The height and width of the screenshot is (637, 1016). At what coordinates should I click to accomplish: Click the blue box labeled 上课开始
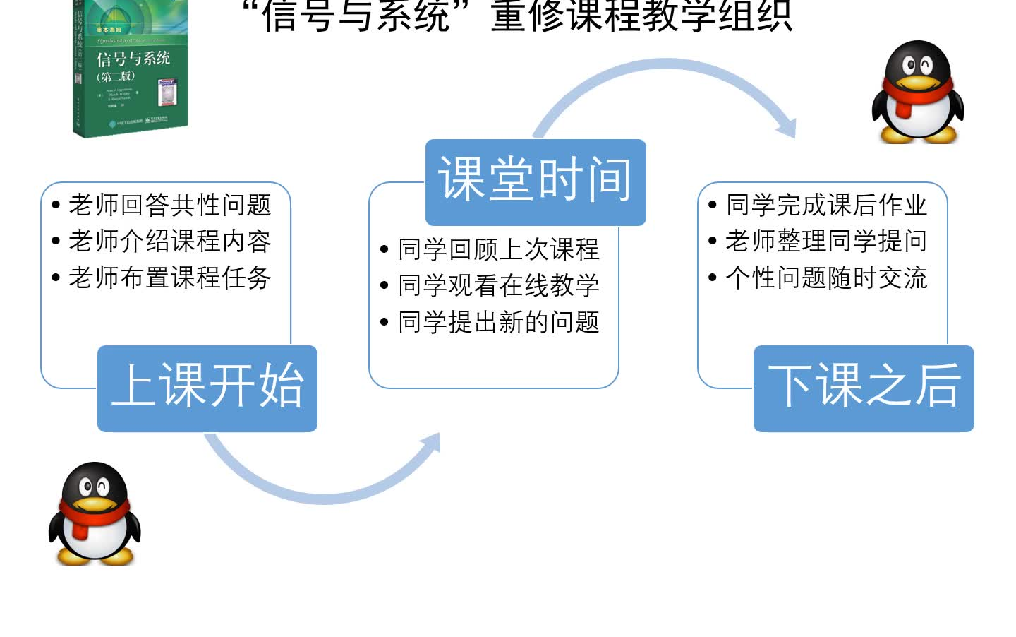coord(207,388)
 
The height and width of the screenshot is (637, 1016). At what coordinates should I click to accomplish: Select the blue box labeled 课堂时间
coord(536,181)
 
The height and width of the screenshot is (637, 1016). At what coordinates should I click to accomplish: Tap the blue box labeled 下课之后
coord(864,388)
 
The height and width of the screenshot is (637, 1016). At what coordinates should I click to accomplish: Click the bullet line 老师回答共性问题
coord(170,206)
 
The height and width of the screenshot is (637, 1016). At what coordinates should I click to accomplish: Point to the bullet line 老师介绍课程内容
coord(170,242)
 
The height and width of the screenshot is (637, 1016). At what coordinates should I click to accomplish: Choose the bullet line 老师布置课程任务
coord(170,278)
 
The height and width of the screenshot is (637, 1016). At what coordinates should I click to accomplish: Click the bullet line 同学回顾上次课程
coord(498,249)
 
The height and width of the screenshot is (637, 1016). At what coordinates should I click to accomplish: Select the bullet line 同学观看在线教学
coord(498,285)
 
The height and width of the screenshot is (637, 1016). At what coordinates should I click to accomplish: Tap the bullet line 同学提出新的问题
coord(498,322)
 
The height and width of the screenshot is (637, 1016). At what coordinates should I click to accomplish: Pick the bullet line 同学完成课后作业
coord(826,206)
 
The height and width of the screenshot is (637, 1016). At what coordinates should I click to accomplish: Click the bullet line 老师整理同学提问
coord(826,242)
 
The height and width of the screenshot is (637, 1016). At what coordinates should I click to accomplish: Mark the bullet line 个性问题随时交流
coord(826,278)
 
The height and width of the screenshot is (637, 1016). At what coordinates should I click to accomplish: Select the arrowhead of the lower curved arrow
coord(432,443)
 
